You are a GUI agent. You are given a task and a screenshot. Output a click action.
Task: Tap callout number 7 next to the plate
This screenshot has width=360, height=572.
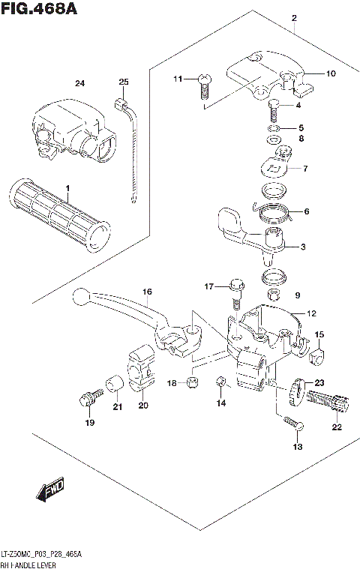click(305, 169)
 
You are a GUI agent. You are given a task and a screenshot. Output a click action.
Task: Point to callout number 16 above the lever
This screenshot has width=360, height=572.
click(147, 292)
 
